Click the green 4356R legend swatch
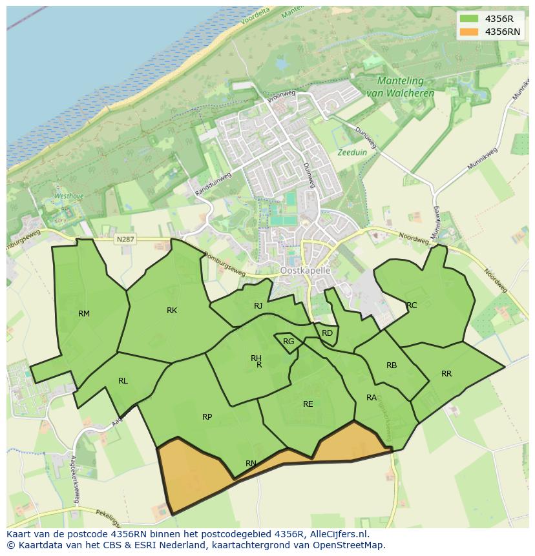click(x=469, y=19)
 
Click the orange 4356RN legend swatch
click(x=469, y=32)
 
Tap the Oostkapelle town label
click(x=306, y=271)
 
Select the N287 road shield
click(x=125, y=240)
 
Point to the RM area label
click(x=84, y=314)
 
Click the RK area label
click(x=172, y=311)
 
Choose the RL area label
click(x=123, y=381)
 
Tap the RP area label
click(x=207, y=417)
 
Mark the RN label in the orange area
click(x=251, y=463)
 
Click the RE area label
click(x=308, y=404)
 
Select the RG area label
click(x=289, y=342)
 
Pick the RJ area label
click(x=258, y=306)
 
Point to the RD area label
click(x=327, y=333)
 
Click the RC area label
click(x=412, y=305)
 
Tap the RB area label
click(x=392, y=366)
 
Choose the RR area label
click(x=446, y=374)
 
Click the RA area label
click(x=372, y=398)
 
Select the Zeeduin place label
click(x=351, y=153)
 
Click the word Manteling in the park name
click(x=401, y=81)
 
